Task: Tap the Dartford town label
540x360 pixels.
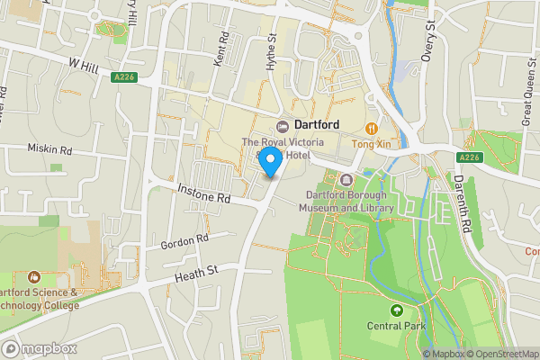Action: tap(316, 125)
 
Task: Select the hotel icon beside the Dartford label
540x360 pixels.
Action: tap(282, 125)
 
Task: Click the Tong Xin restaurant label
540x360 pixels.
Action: tap(371, 143)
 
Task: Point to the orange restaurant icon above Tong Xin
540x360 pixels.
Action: tap(371, 128)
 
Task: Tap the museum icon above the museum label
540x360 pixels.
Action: tap(346, 180)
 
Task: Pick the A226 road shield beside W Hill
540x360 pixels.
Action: tap(124, 78)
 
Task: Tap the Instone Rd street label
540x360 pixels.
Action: tap(204, 193)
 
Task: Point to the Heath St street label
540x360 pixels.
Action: tap(198, 272)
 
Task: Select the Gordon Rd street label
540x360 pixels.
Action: tap(184, 242)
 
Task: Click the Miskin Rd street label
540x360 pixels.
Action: tap(49, 148)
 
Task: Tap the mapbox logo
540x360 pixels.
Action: tap(40, 348)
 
